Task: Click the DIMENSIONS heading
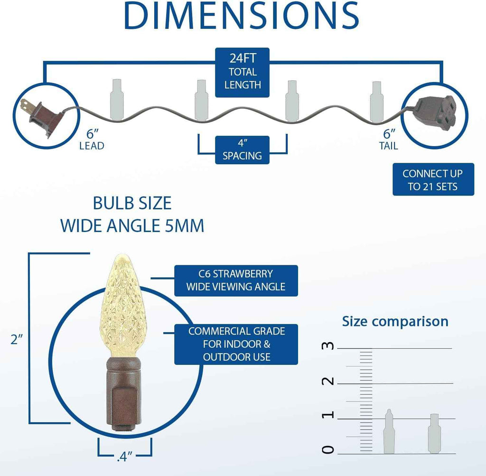(x=242, y=16)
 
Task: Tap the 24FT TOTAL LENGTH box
(x=243, y=72)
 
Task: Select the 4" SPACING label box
(x=243, y=149)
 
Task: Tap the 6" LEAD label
(x=92, y=140)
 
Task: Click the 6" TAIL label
(x=389, y=140)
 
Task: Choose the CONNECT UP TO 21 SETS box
(x=433, y=179)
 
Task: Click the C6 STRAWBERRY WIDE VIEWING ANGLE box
(x=236, y=280)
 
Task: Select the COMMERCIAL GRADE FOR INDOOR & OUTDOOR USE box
(x=236, y=344)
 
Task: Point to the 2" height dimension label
(x=17, y=340)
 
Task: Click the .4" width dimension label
(x=125, y=457)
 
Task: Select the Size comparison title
(x=395, y=322)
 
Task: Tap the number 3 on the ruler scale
(x=328, y=345)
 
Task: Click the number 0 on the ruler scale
(x=328, y=449)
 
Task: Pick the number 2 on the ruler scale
(x=328, y=381)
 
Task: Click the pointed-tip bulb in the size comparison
(x=389, y=431)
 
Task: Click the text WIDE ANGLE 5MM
(x=132, y=225)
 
